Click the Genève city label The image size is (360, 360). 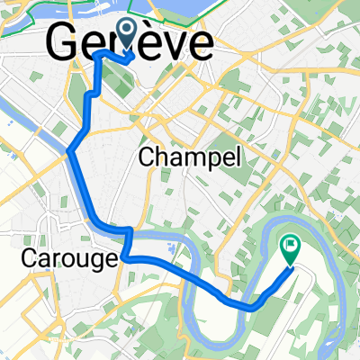[130, 42]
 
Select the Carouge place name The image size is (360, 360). [67, 259]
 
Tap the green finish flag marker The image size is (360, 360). [291, 245]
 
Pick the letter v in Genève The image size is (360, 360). [167, 42]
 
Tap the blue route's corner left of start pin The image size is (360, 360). [97, 54]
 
